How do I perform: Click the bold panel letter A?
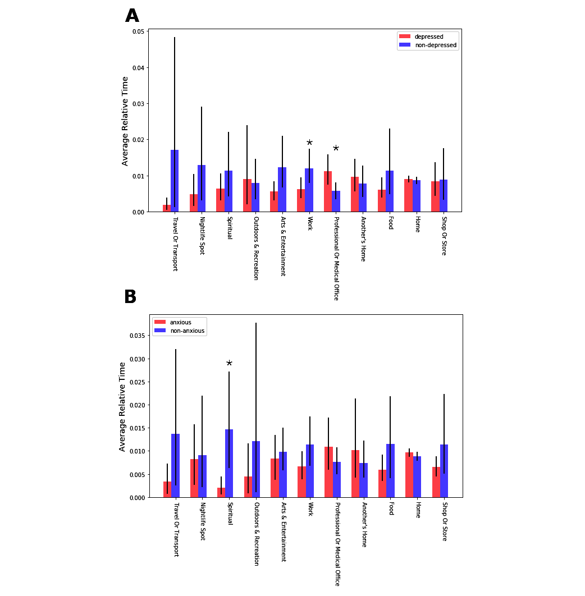[x=132, y=16]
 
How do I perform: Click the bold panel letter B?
[x=130, y=297]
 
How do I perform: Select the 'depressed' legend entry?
[x=428, y=36]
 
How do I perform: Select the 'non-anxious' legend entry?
[x=188, y=331]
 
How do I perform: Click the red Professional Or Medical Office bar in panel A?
[x=328, y=191]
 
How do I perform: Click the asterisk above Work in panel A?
[x=309, y=143]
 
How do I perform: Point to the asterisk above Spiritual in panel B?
[x=229, y=364]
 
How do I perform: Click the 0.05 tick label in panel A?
[x=137, y=31]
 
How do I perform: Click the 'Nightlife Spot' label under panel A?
[x=202, y=236]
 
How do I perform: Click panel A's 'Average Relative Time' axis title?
[x=125, y=121]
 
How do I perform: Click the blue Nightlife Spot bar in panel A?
[x=202, y=189]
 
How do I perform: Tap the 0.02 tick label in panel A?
[x=137, y=140]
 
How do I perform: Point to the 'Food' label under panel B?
[x=391, y=510]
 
